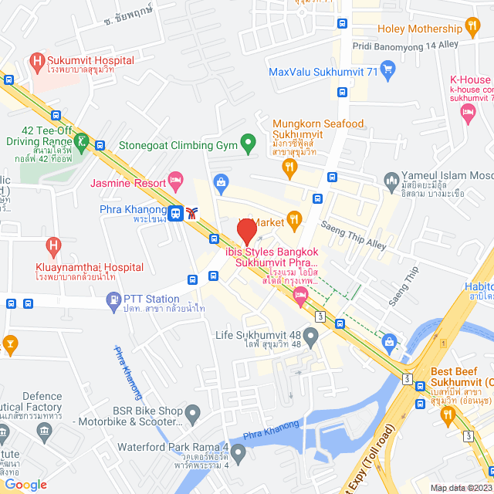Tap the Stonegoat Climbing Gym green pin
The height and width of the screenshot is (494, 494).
[248, 143]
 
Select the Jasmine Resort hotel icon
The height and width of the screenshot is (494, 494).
[175, 182]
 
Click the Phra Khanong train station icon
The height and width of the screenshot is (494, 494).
[177, 214]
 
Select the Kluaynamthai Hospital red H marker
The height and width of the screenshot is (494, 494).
[53, 247]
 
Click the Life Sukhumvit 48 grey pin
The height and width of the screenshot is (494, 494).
[310, 336]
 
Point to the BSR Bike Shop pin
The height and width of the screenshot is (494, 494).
[192, 411]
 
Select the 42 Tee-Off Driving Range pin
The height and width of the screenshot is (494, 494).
[81, 141]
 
